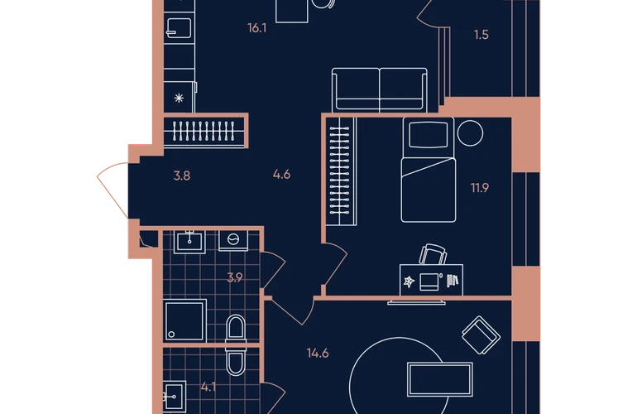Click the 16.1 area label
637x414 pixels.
coord(256,28)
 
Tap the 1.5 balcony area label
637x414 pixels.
coord(481,35)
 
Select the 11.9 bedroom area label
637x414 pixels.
coord(479,188)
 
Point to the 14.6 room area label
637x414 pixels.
coord(318,353)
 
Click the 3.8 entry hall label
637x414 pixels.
coord(182,176)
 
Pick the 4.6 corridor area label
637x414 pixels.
coord(281,175)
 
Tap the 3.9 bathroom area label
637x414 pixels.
coord(235,277)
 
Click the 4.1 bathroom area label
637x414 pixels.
coord(208,388)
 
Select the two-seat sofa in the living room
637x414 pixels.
coord(380,90)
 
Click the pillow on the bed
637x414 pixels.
coord(429,134)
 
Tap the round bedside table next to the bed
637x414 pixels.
coord(470,133)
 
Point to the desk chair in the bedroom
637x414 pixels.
coord(433,253)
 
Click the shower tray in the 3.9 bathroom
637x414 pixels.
coord(184,320)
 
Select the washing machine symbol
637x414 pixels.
coord(233,239)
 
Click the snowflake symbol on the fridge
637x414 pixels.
coord(179,98)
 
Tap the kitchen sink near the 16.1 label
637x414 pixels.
coord(179,28)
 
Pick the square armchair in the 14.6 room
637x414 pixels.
coord(481,335)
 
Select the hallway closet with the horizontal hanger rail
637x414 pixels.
coord(204,131)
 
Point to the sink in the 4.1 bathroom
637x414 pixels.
coord(175,397)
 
